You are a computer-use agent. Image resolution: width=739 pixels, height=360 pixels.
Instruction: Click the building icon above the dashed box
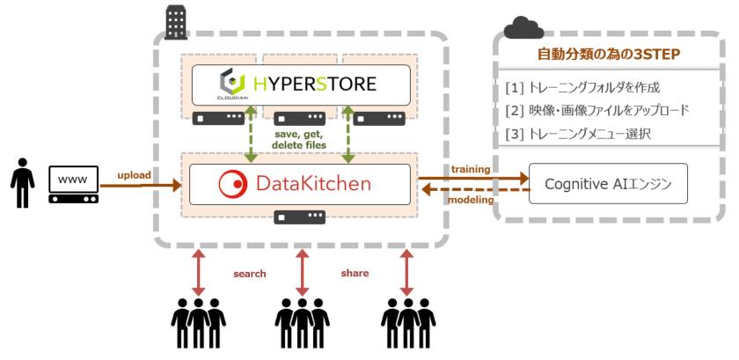(176, 23)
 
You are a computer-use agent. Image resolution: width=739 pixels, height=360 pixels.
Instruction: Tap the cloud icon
(523, 27)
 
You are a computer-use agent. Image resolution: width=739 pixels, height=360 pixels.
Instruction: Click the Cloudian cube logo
(233, 82)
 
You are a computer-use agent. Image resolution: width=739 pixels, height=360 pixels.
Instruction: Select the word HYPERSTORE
(315, 84)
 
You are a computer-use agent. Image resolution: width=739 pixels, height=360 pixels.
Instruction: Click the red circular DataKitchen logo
(233, 184)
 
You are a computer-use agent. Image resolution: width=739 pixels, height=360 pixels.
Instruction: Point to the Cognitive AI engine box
(608, 184)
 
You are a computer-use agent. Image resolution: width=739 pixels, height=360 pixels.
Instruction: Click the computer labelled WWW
(74, 185)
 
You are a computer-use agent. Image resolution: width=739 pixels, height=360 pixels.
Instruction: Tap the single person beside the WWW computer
(23, 183)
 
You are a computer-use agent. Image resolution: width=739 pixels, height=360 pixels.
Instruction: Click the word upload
(135, 175)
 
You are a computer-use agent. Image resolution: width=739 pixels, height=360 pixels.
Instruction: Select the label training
(471, 169)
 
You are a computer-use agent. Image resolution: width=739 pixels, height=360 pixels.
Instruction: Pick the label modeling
(470, 200)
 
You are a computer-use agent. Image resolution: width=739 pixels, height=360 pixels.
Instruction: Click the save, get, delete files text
(299, 140)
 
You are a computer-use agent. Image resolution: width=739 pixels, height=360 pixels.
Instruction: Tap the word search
(250, 274)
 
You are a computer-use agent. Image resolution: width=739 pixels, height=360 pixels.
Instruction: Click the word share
(355, 273)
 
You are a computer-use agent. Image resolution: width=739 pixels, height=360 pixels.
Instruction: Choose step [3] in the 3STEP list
(578, 134)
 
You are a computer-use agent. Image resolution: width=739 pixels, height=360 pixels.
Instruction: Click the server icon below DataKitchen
(300, 218)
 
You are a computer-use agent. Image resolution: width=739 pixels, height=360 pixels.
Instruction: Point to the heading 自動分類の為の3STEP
(609, 55)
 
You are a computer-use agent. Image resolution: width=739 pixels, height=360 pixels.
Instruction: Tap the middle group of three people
(302, 323)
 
